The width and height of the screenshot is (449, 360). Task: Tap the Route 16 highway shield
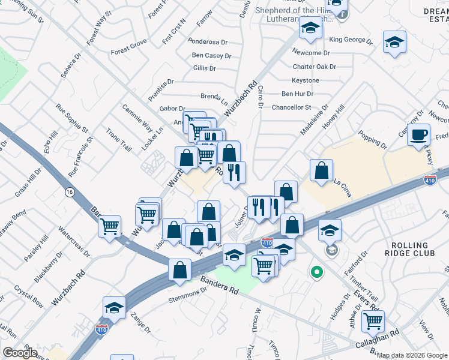coord(70,191)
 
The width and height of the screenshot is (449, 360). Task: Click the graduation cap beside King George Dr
coord(394,42)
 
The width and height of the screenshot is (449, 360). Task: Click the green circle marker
coord(316,272)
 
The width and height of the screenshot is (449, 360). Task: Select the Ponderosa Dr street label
coord(208,42)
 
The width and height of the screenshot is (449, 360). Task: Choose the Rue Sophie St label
coord(72,118)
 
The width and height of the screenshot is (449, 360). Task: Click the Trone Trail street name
coord(118,139)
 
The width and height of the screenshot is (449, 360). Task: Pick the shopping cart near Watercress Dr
coord(109,226)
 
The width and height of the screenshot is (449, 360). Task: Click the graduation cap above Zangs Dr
coord(113,307)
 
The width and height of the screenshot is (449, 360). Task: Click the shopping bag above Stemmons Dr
coord(180,270)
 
